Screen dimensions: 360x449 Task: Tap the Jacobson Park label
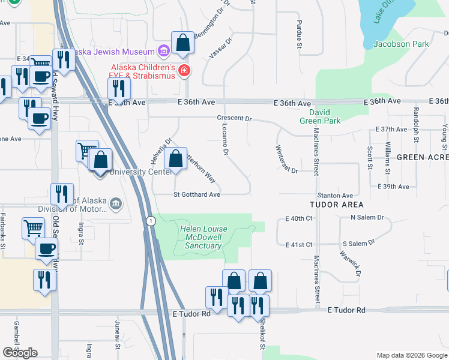click(x=401, y=44)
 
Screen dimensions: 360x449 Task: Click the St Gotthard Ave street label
click(x=197, y=194)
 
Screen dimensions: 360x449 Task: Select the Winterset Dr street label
click(x=286, y=159)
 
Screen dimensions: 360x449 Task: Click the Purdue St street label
click(x=298, y=34)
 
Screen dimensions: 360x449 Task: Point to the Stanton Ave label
click(x=335, y=196)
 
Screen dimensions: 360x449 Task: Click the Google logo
click(x=20, y=353)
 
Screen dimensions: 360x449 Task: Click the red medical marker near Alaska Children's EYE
click(x=184, y=72)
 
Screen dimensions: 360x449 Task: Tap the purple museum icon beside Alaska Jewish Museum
click(x=163, y=49)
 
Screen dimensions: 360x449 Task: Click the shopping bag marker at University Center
click(x=101, y=161)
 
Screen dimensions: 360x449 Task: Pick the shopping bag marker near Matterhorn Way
click(x=175, y=160)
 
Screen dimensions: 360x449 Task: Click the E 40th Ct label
click(x=300, y=218)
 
